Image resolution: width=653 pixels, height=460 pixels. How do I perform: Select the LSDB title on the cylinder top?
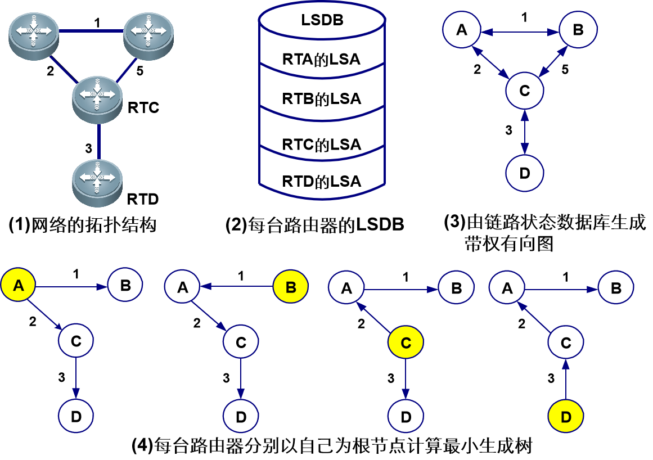click(x=322, y=22)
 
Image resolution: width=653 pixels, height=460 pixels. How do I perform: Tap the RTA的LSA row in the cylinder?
click(x=322, y=59)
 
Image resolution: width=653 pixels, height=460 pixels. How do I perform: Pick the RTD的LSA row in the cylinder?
click(x=322, y=181)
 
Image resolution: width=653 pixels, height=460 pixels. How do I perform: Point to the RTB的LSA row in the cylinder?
click(x=322, y=99)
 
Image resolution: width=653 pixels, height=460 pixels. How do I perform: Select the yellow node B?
click(x=291, y=287)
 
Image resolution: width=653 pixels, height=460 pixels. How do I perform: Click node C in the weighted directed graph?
click(x=525, y=90)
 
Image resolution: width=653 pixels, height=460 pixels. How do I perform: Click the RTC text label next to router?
click(x=143, y=107)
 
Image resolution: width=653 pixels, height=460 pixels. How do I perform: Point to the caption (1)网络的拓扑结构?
click(x=83, y=225)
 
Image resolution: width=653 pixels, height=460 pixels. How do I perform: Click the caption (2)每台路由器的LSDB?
click(x=314, y=225)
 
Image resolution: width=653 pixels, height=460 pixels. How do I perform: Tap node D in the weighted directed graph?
click(x=525, y=172)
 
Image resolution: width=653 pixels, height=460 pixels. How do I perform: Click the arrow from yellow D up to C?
click(x=566, y=380)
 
